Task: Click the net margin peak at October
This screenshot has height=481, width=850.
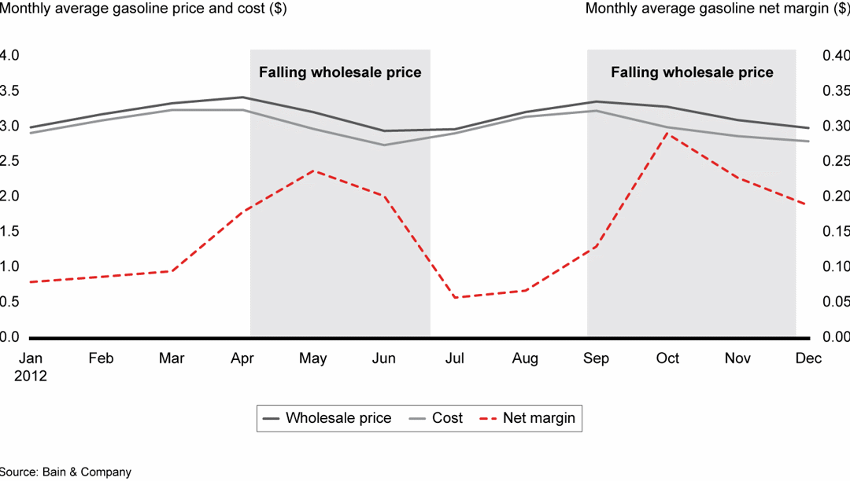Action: click(667, 133)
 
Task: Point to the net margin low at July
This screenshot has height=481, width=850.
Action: click(454, 297)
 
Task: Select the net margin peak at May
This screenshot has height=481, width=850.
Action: click(313, 171)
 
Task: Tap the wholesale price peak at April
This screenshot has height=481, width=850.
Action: click(242, 97)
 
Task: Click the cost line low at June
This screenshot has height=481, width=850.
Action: click(384, 145)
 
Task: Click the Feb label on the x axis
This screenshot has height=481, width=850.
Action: click(101, 358)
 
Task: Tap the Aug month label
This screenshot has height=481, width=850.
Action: click(525, 358)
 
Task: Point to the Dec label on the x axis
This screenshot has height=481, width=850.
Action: click(808, 358)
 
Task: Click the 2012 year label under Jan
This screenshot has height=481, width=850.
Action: click(30, 376)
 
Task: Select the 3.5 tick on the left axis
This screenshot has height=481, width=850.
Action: click(9, 90)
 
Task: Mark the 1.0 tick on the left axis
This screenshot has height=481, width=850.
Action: click(9, 266)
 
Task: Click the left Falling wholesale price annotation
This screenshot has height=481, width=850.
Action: click(340, 72)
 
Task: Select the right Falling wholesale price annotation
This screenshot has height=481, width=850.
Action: click(692, 72)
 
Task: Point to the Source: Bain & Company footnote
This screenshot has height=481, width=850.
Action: click(65, 472)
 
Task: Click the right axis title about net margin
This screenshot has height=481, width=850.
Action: click(717, 9)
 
